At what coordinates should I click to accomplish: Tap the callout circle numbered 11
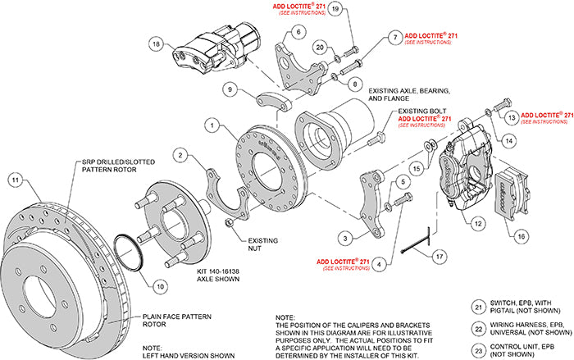14,180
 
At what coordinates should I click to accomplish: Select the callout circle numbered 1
212,125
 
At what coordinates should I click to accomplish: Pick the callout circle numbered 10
159,285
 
